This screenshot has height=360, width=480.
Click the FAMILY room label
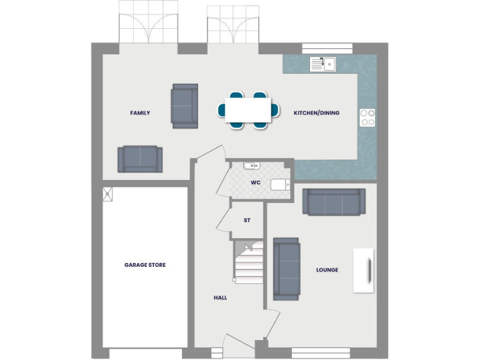(140, 113)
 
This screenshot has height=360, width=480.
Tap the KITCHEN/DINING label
(316, 113)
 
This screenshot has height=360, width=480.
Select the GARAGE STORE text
(145, 265)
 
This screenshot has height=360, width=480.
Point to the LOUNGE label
(327, 270)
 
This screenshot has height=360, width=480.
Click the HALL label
(220, 298)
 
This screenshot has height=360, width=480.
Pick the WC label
(256, 183)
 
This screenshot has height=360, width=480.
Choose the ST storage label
(247, 221)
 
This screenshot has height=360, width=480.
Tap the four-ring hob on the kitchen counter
(367, 117)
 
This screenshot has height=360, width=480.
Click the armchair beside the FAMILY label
(184, 106)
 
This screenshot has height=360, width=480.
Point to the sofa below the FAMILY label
(140, 159)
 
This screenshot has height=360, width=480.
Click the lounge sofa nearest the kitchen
(334, 201)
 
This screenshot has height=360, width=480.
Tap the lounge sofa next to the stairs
(286, 268)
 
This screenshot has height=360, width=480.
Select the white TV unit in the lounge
(363, 270)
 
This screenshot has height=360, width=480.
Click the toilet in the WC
(280, 184)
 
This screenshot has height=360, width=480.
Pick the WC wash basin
(251, 166)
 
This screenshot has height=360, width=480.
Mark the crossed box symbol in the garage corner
(108, 194)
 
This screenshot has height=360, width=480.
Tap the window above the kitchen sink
(327, 47)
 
